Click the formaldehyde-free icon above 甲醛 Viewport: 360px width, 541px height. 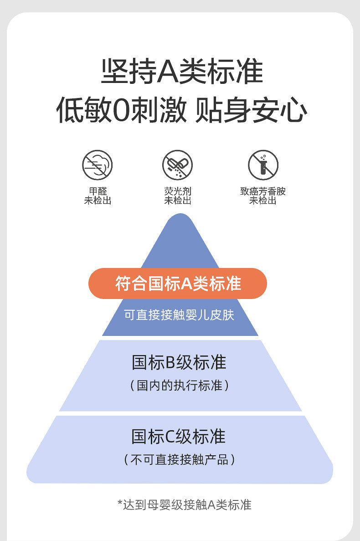coord(98,165)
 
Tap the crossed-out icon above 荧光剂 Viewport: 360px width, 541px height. coord(178,165)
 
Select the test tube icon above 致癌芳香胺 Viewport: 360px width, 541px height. coord(263,165)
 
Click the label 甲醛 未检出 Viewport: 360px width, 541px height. coord(98,196)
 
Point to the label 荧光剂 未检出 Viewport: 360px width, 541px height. coord(178,196)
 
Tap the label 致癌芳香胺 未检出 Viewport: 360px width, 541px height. coord(263,196)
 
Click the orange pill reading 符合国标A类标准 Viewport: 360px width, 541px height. coord(178,283)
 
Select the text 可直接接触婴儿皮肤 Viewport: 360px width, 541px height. coord(179,315)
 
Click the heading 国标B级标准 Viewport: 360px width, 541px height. coord(179,363)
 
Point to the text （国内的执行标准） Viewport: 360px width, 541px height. coord(179,386)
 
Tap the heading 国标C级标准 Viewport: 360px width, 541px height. coord(179,437)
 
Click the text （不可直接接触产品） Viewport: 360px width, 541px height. coord(179,459)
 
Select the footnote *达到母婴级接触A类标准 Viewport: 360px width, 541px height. coord(184,505)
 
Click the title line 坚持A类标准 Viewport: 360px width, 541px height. coord(182,72)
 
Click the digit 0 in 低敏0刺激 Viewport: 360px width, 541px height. coord(119,110)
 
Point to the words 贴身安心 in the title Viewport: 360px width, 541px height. coord(251,110)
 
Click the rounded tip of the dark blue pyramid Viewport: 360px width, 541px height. coord(180,219)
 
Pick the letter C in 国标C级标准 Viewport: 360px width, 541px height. coord(170,437)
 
